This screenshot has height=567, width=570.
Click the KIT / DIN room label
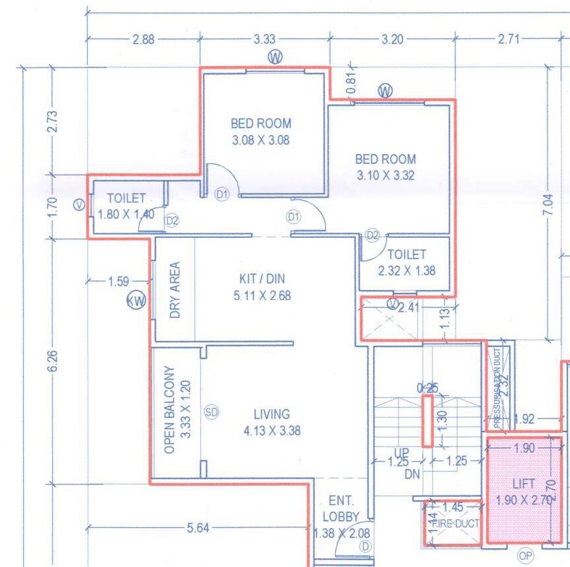tap(263, 279)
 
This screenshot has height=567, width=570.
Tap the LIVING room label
tap(272, 414)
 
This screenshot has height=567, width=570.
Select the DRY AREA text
tap(175, 290)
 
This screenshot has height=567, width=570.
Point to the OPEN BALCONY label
tap(170, 410)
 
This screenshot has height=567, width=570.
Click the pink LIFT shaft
tap(524, 489)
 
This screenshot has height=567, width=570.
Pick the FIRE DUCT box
tap(452, 523)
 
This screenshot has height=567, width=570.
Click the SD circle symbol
tap(212, 412)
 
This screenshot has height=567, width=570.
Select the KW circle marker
tap(136, 302)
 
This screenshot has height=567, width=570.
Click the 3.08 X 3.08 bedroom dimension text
tap(261, 140)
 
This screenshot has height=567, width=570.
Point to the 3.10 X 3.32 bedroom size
tap(386, 176)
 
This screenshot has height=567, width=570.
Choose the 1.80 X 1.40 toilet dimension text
tap(126, 214)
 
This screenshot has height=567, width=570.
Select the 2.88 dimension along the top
tap(143, 40)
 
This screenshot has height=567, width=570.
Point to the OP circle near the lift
tap(525, 556)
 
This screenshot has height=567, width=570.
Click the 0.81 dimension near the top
tap(352, 81)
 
